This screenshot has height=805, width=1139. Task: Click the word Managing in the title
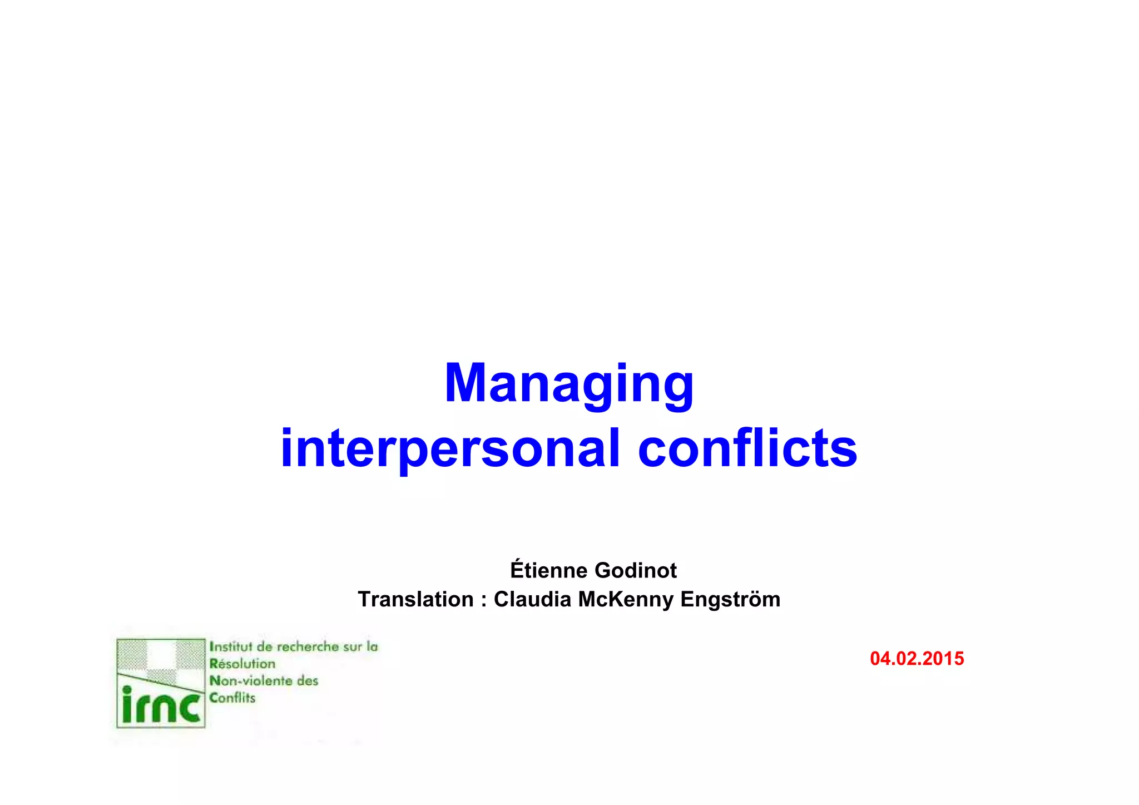(x=569, y=384)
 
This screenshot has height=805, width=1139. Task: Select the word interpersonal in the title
(x=449, y=448)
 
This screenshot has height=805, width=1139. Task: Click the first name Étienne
(x=548, y=570)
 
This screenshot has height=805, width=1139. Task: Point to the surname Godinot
(x=635, y=570)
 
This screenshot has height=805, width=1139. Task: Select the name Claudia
(x=532, y=599)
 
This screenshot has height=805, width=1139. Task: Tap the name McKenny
(x=625, y=599)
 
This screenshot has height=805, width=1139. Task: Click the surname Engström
(x=730, y=599)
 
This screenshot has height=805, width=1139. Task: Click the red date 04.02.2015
(x=917, y=659)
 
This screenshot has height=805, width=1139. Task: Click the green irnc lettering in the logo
(x=161, y=708)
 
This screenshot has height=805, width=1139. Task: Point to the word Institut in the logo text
(x=230, y=646)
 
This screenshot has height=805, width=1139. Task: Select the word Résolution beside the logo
(x=242, y=664)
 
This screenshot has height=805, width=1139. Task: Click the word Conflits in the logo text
(x=232, y=698)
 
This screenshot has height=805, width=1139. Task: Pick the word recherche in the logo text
(x=308, y=646)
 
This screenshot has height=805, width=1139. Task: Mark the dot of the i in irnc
(x=127, y=690)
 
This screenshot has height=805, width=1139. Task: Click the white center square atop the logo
(x=162, y=654)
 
